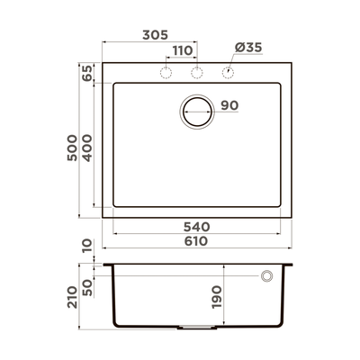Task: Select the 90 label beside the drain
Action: pyautogui.click(x=229, y=106)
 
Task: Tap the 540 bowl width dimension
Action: pyautogui.click(x=196, y=226)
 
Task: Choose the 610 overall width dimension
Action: pyautogui.click(x=196, y=241)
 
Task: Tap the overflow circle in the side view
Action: pyautogui.click(x=267, y=276)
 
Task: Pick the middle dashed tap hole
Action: pyautogui.click(x=197, y=72)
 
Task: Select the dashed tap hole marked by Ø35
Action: pyautogui.click(x=228, y=72)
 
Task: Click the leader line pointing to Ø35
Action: pyautogui.click(x=236, y=60)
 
